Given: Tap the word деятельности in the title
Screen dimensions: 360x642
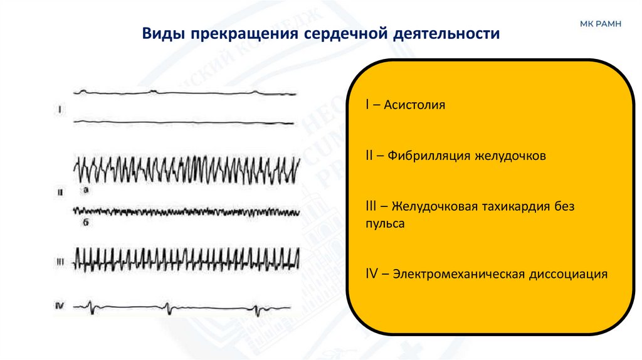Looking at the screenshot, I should (x=446, y=33).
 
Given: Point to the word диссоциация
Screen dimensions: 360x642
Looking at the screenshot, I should (x=569, y=274).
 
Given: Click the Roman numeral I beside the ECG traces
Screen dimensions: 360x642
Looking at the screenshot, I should (x=60, y=110).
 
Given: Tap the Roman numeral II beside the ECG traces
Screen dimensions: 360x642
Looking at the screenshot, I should (x=60, y=194).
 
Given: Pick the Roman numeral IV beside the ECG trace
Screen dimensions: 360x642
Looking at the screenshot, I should (x=61, y=306).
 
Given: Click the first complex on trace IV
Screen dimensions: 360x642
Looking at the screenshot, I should (x=93, y=308).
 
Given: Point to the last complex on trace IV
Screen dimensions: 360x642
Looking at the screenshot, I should (x=257, y=309).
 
